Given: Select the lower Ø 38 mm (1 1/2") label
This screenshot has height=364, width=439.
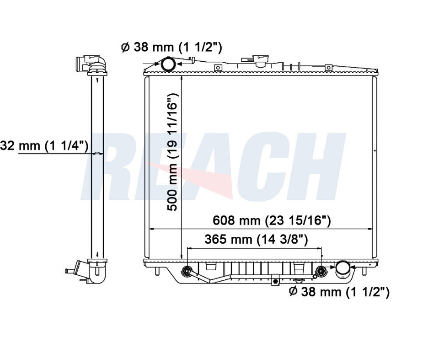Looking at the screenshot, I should click(x=339, y=292).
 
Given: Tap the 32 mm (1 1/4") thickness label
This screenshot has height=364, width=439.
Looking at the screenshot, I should click(x=44, y=145).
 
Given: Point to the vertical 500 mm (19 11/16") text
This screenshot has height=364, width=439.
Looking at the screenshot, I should click(x=172, y=153).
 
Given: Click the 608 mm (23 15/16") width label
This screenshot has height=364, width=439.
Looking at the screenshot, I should click(x=272, y=220).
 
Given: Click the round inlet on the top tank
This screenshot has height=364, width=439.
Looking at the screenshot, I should click(x=167, y=64).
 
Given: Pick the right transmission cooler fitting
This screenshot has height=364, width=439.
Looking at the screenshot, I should click(x=321, y=271).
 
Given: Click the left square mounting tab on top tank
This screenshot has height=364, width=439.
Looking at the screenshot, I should click(x=218, y=68).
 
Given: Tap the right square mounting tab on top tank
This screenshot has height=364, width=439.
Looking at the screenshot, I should click(x=328, y=68).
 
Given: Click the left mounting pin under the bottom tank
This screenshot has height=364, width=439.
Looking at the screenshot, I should click(x=157, y=271).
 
